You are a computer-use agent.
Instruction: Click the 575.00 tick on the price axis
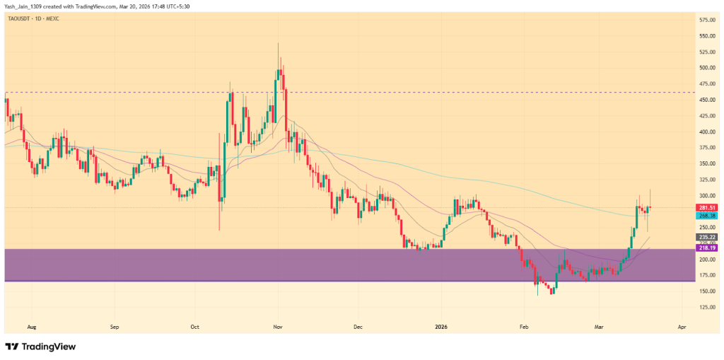coord(708,19)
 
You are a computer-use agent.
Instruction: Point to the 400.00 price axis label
coord(708,132)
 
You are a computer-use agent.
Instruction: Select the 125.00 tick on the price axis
coord(708,307)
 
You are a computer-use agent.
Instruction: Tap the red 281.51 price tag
coord(708,207)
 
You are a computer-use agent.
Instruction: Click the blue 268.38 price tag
coord(708,214)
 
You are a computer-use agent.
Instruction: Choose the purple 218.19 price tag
coord(708,248)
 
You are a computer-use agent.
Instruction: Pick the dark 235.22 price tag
coord(708,237)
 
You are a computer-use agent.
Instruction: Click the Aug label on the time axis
coord(31,328)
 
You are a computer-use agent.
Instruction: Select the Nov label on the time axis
coord(278,328)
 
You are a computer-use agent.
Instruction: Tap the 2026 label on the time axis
coord(440,328)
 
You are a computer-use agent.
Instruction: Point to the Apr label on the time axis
coord(681,328)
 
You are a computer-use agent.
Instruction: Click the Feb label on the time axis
coord(524,328)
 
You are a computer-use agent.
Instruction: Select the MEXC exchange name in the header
coord(52,18)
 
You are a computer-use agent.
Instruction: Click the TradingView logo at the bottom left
coord(40,347)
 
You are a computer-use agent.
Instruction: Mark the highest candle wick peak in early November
coord(278,44)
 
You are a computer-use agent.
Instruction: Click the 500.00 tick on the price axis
coord(708,68)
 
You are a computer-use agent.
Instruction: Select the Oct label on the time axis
coord(196,328)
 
